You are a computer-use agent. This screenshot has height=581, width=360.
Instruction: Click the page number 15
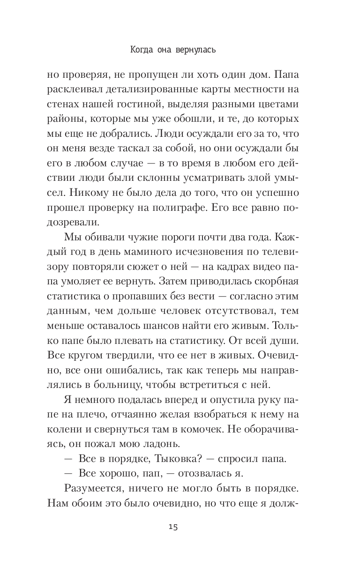[173, 527]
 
